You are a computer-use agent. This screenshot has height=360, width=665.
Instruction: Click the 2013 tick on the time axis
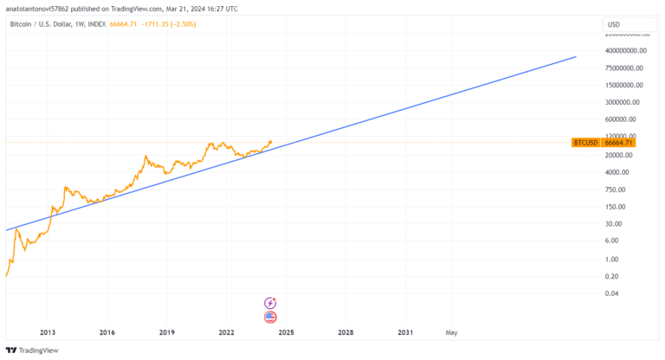tap(47, 331)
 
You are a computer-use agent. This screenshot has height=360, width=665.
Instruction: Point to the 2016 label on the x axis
tap(107, 331)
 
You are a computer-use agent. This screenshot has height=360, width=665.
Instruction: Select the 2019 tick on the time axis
tap(167, 331)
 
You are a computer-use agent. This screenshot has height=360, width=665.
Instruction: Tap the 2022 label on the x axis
tap(227, 331)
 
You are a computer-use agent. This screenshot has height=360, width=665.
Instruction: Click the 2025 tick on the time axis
tap(287, 331)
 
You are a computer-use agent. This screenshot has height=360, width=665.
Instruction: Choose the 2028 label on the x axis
tap(345, 331)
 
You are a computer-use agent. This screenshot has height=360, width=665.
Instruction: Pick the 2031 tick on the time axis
tap(405, 331)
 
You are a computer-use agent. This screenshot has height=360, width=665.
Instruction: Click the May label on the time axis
tap(451, 331)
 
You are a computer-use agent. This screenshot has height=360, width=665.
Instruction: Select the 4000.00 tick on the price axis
tap(621, 172)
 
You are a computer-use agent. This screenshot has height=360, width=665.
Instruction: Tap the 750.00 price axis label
tap(616, 190)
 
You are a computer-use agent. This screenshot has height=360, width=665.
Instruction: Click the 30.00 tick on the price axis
tap(614, 224)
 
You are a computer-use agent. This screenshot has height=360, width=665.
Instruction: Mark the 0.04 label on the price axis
tap(612, 293)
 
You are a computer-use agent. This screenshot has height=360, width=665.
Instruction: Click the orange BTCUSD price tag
tap(603, 142)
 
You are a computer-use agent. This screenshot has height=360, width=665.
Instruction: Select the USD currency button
tap(613, 24)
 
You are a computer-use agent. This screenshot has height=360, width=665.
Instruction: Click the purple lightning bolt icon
tap(270, 303)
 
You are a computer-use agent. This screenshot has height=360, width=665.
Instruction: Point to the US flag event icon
tap(270, 317)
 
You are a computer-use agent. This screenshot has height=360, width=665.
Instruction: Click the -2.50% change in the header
tap(183, 24)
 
